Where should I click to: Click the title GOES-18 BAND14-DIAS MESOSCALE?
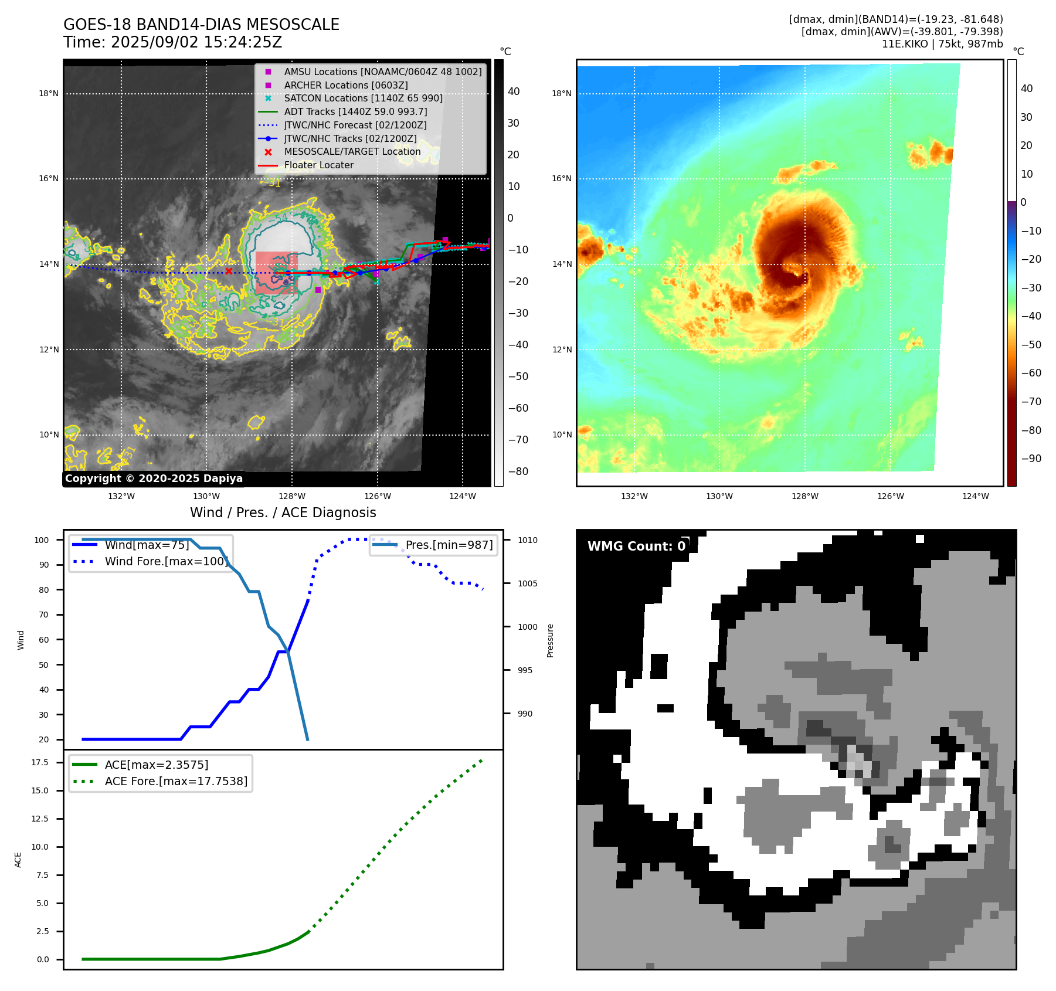coord(201,25)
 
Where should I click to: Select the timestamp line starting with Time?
coord(172,42)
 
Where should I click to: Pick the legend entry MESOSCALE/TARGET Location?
coord(352,151)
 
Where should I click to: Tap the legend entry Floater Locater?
coord(318,165)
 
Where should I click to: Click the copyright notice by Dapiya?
coord(154,478)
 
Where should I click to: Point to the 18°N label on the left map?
coord(49,93)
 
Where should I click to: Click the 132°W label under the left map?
coord(121,496)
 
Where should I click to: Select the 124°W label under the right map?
coord(975,496)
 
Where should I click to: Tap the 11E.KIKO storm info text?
coord(942,44)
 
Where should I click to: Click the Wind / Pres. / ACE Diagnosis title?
coord(283,513)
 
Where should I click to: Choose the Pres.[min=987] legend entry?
coord(449,545)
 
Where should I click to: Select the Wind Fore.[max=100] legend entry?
coord(166,561)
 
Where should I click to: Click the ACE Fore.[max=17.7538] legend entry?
coord(176,781)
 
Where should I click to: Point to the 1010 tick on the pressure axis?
coord(527,540)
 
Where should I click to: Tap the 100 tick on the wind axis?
coord(42,540)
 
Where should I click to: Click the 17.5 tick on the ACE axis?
coord(40,762)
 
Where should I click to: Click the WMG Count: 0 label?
coord(636,546)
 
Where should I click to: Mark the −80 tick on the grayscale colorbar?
coord(518,471)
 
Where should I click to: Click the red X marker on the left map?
coord(229,271)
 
